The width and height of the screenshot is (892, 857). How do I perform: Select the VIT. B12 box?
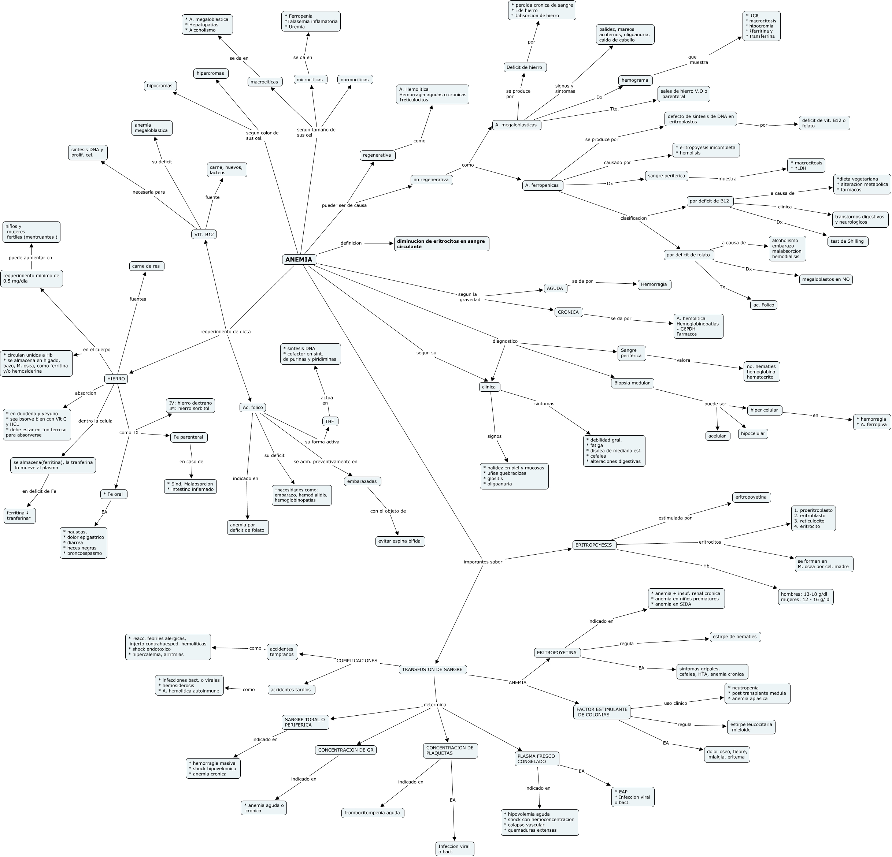click(x=204, y=234)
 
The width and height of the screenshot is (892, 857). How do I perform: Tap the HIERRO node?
click(x=116, y=379)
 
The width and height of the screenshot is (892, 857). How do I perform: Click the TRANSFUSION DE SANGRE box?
click(x=432, y=669)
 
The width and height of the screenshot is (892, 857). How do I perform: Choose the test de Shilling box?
click(x=847, y=241)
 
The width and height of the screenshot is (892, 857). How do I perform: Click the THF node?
click(x=330, y=421)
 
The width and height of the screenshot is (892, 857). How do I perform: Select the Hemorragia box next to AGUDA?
click(x=654, y=284)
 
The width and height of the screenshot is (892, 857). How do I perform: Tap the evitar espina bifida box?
click(x=400, y=541)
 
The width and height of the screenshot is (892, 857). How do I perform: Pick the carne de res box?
click(x=146, y=266)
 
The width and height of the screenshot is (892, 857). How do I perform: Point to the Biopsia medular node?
click(x=632, y=383)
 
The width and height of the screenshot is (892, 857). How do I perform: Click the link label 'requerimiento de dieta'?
click(x=225, y=332)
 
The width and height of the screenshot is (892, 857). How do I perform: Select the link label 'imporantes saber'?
click(x=482, y=562)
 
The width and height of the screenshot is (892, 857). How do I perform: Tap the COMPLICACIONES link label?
click(x=357, y=660)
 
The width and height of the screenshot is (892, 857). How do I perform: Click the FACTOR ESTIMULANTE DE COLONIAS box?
click(x=601, y=712)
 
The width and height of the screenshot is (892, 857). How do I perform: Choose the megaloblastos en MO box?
click(x=826, y=279)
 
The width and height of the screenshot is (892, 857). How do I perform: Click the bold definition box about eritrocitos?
click(x=441, y=244)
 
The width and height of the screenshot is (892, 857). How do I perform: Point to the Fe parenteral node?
click(x=188, y=437)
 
